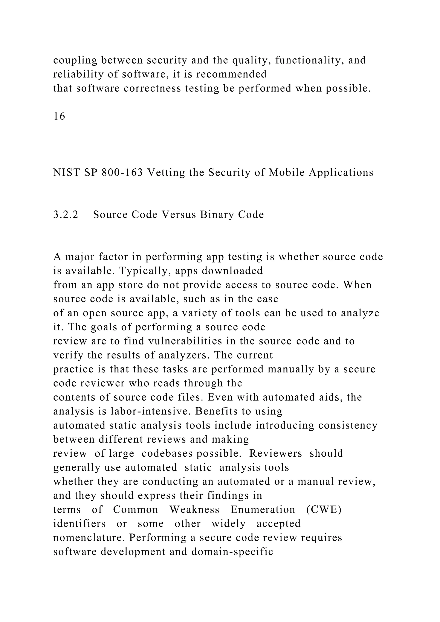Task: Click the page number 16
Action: point(59,116)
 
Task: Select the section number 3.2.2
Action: point(66,215)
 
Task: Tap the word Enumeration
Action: point(263,510)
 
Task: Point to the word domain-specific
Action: point(232,552)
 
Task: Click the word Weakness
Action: point(194,510)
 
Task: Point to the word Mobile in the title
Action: point(287,172)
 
